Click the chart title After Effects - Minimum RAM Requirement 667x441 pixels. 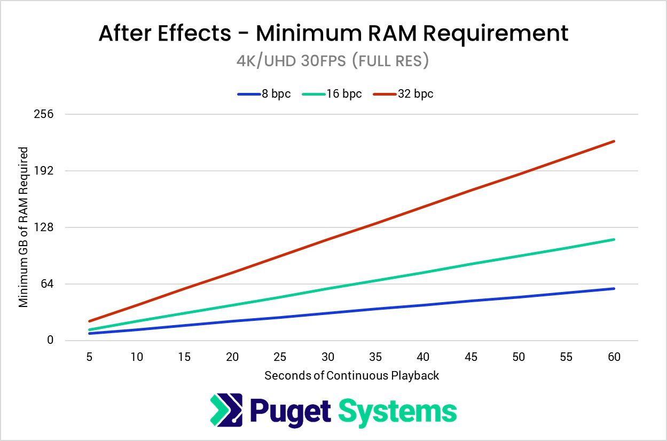click(x=333, y=34)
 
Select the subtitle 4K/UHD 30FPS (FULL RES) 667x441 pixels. click(x=333, y=61)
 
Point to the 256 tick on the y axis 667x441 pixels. click(x=45, y=114)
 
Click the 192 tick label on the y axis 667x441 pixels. click(x=45, y=171)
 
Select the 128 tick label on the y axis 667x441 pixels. click(x=45, y=227)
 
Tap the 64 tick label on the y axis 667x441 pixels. click(x=48, y=284)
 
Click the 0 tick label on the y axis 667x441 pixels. click(x=50, y=341)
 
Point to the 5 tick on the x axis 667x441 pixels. click(x=89, y=357)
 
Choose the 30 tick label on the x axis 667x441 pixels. click(x=328, y=357)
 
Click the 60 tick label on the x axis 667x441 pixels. click(x=614, y=357)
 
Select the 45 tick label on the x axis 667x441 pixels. click(x=471, y=357)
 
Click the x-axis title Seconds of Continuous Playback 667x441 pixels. click(x=351, y=375)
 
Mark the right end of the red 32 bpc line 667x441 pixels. click(x=614, y=141)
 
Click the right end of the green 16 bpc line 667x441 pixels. click(x=614, y=240)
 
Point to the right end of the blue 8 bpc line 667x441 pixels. click(x=614, y=289)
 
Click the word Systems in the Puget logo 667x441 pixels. click(x=398, y=412)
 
